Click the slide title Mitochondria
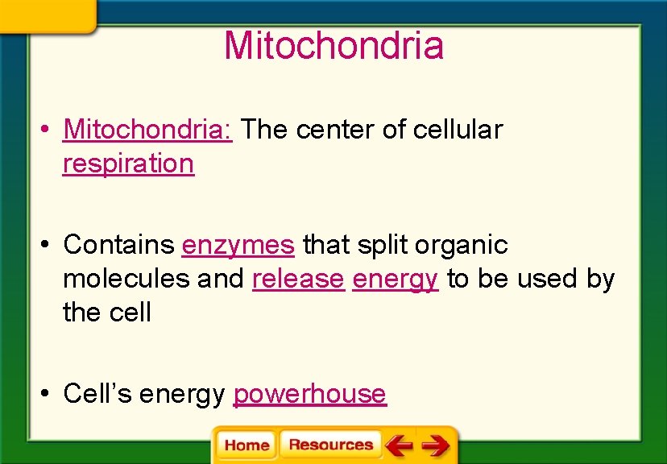pos(333,45)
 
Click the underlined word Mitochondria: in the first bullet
pos(147,129)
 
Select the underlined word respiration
pos(128,163)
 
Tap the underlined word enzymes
pos(238,244)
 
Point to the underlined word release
pos(297,279)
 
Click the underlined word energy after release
pos(395,279)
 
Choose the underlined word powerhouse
pos(309,394)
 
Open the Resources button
pos(330,445)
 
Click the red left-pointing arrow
pos(398,445)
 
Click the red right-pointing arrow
pos(435,445)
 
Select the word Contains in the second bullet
pos(118,244)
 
